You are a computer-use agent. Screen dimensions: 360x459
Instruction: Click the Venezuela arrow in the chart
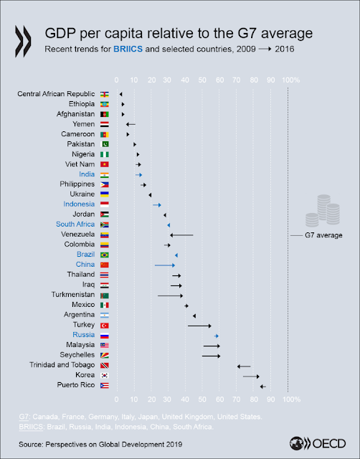[x=181, y=235]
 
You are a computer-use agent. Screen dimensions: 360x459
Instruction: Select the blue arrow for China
[x=165, y=265]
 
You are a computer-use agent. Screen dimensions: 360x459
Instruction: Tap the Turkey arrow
[x=199, y=326]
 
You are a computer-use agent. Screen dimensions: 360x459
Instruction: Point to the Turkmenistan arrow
[x=171, y=295]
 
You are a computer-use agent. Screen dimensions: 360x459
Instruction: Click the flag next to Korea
[x=105, y=375]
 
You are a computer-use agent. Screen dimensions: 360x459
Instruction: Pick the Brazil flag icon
[x=105, y=255]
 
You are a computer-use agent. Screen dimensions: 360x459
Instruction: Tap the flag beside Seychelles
[x=105, y=355]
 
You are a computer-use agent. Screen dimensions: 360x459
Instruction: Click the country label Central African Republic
[x=56, y=94]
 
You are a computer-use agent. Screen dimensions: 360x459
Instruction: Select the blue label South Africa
[x=75, y=224]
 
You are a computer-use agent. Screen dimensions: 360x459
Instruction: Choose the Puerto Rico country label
[x=76, y=385]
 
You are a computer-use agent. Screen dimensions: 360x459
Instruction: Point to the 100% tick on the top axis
[x=290, y=80]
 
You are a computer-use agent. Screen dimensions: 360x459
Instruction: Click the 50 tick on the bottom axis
[x=202, y=399]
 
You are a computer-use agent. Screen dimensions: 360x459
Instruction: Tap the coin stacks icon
[x=323, y=211]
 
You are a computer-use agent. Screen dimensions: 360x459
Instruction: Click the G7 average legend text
[x=323, y=235]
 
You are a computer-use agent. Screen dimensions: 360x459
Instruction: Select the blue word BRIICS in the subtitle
[x=128, y=49]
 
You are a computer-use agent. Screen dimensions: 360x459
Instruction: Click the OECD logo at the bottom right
[x=318, y=443]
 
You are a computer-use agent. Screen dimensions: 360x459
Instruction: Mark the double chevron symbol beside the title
[x=23, y=42]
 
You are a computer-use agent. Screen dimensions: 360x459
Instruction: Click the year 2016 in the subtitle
[x=285, y=49]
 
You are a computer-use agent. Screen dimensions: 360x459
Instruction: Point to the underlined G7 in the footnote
[x=24, y=417]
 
